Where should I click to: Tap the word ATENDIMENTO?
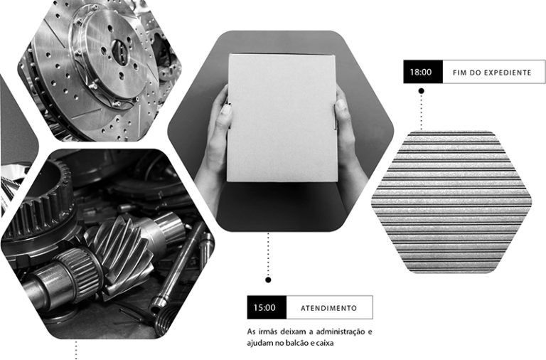point(328,308)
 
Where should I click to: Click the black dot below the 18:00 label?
point(421,91)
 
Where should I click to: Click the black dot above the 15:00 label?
point(268,280)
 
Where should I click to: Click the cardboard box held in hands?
point(282,118)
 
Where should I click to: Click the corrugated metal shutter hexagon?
point(451,202)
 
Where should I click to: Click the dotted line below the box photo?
point(268,255)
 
